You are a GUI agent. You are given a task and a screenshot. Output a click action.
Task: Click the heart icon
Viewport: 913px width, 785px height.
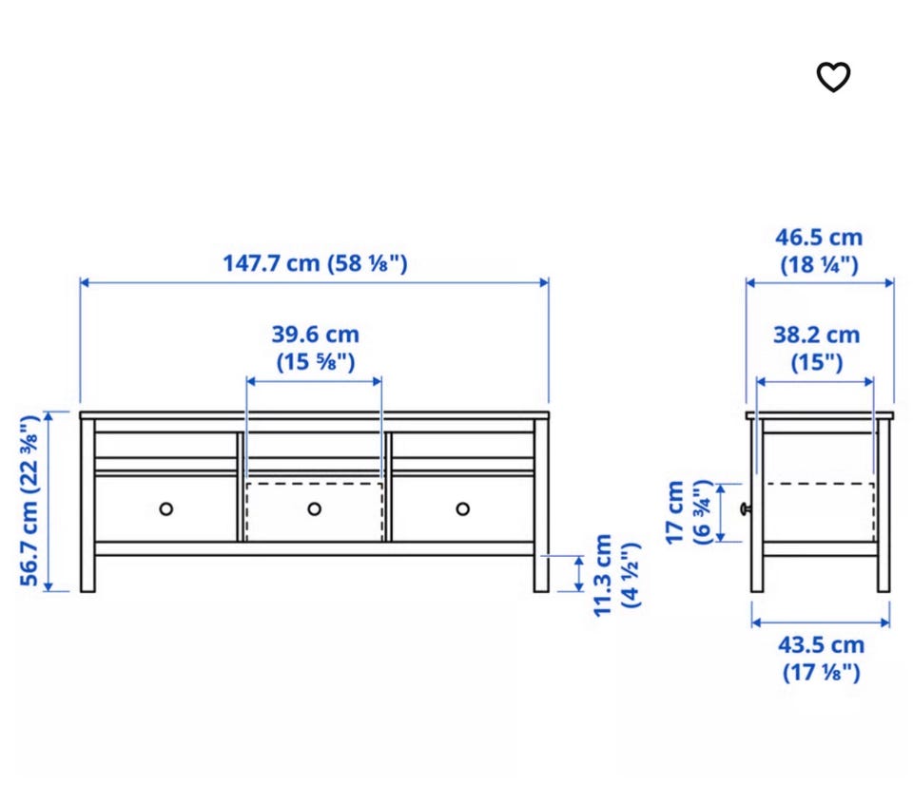pos(833,77)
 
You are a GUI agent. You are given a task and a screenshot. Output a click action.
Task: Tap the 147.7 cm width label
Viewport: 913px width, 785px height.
pos(315,263)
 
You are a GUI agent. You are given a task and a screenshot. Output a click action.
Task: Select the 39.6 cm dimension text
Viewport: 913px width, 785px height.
pos(315,348)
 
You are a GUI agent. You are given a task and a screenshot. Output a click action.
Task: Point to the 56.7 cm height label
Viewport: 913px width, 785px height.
pos(29,501)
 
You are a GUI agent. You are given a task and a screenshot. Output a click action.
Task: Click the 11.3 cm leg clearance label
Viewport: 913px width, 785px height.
pos(616,575)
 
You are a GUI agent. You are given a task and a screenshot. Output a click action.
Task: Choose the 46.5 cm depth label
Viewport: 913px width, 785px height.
pos(819,251)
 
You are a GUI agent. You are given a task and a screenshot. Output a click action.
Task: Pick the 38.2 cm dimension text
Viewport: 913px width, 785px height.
pos(816,348)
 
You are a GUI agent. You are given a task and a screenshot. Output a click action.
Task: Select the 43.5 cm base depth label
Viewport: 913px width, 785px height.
pos(821,659)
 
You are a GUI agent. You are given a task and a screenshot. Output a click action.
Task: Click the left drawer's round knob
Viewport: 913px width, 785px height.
pos(165,509)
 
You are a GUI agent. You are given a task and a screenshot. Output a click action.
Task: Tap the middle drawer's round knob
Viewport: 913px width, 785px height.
pos(315,509)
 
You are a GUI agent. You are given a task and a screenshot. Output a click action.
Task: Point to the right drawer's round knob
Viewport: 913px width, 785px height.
pos(463,509)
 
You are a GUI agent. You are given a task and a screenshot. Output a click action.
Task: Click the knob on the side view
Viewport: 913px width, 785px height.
pos(746,509)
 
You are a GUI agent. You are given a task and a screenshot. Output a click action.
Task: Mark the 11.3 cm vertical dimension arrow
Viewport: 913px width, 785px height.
pos(579,574)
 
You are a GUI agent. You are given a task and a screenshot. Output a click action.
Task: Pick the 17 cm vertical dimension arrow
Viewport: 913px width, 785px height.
pos(721,512)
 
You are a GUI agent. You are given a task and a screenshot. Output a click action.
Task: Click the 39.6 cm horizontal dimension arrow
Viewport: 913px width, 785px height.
pos(314,382)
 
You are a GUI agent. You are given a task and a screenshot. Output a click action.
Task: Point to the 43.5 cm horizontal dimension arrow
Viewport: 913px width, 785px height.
pos(821,622)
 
